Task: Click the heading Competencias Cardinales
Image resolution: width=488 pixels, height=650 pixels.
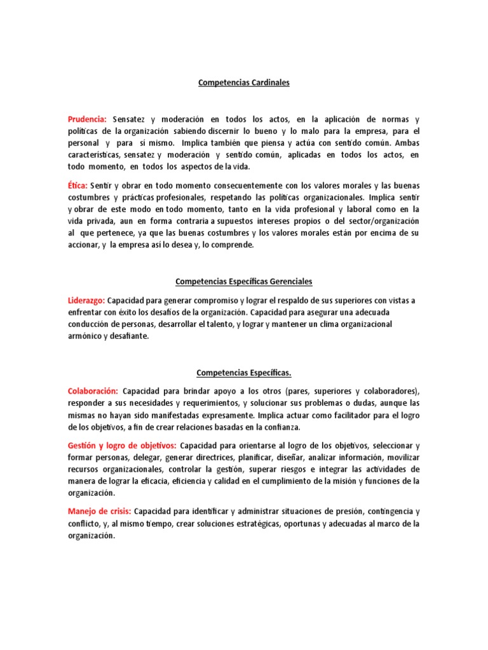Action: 243,83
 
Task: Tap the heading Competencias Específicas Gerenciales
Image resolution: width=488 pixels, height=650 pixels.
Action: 243,281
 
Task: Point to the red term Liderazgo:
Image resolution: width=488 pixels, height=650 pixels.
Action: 86,300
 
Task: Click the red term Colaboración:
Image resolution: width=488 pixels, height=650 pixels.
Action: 92,391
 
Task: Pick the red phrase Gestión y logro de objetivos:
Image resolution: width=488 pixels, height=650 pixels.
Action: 122,445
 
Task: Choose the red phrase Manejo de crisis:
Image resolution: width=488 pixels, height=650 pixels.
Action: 99,511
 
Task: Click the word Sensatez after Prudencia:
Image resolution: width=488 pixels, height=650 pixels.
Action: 130,119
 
